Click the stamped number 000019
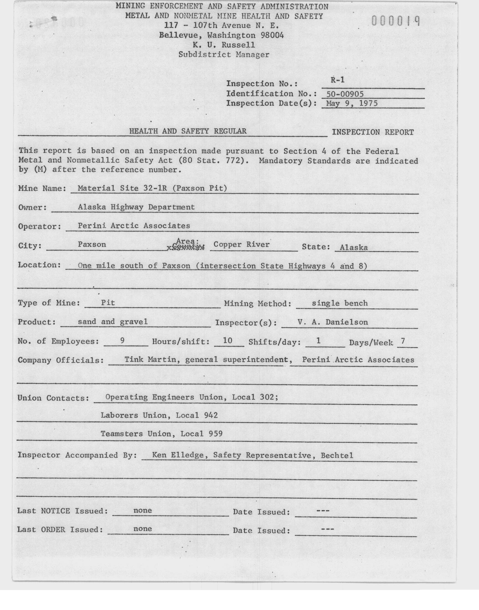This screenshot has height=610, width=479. coord(396,21)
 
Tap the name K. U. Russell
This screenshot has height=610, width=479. coord(223,45)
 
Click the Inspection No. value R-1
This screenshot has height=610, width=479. coord(337,80)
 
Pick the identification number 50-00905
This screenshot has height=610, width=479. coord(345,94)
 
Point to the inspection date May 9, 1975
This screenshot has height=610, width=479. coord(352,103)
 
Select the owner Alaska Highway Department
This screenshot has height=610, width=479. coord(136,207)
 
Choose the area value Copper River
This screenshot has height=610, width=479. coord(241,245)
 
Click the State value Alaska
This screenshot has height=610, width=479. coord(354,247)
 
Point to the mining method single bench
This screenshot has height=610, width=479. coord(340,303)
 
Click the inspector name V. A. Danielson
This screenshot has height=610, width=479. coord(333,322)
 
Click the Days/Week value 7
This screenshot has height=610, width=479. coord(403,341)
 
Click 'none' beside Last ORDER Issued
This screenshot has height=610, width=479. coord(142,529)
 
